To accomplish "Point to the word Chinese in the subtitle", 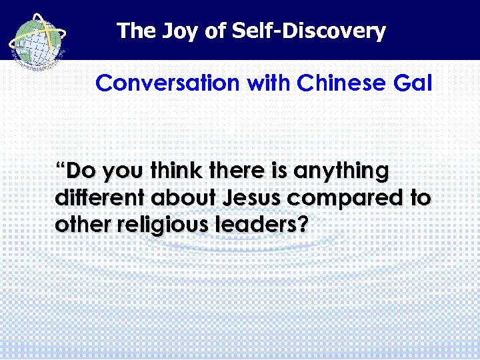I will [x=341, y=84].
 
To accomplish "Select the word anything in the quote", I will [x=342, y=172].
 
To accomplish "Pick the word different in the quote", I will [x=100, y=199].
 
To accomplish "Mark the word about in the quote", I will [x=183, y=199].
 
